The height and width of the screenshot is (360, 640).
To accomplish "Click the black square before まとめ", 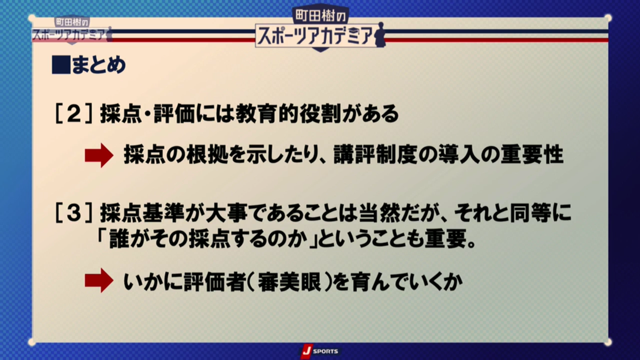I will coord(61,65).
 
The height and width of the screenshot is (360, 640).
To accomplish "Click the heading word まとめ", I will coord(99,65).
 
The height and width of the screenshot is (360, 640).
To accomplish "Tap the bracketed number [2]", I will coord(74,114).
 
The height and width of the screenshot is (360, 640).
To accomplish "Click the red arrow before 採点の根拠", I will coord(99,155).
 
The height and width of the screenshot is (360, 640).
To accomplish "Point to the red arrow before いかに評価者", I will coord(99,281).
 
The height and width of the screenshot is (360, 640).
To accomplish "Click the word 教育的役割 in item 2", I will coord(289,114).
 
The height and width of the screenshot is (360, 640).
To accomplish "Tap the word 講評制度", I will coord(376,155).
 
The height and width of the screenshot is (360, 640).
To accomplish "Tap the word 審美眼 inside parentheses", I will coord(290,282).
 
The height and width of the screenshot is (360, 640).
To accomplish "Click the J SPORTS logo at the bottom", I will coord(319,351).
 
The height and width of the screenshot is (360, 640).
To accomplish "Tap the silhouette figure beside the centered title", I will coord(380,35).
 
